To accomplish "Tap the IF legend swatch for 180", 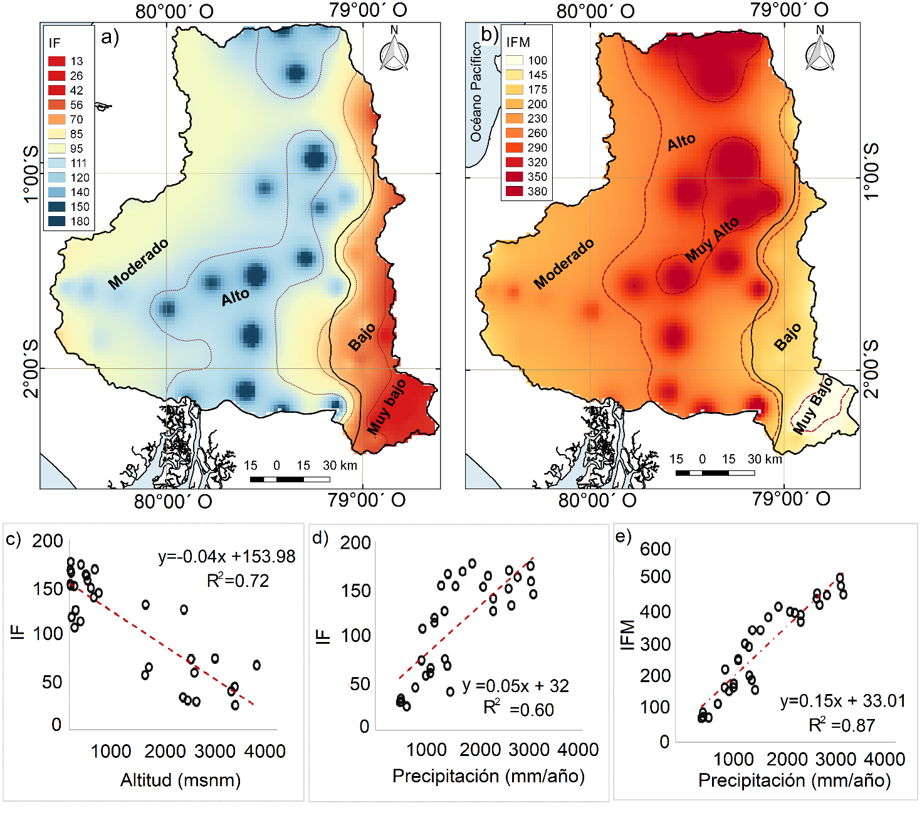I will tap(56, 221).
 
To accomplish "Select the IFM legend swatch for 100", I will tap(514, 60).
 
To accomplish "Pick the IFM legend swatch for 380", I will tap(514, 191).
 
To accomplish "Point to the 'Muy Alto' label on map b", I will tap(712, 241).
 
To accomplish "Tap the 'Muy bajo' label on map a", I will tap(386, 407).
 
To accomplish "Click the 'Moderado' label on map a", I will tap(138, 264).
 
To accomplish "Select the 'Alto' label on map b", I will tap(681, 143).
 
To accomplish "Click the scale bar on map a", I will tap(290, 479).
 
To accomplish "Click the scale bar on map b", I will tap(715, 473).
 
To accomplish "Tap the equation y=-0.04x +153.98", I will tap(226, 557).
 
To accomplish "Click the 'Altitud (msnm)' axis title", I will tap(181, 780).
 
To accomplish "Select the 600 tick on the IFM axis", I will tap(655, 549).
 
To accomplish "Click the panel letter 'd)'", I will tap(320, 538).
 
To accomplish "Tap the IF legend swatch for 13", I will tap(56, 61).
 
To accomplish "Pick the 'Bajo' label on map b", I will tap(787, 337).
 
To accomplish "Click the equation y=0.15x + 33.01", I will tap(842, 701).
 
